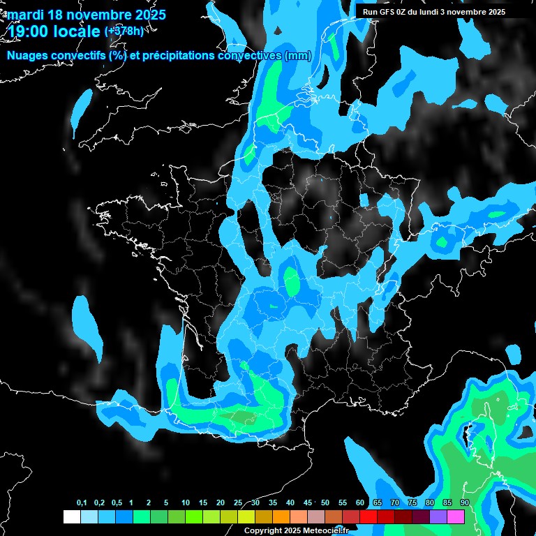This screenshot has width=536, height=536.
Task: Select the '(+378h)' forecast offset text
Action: pyautogui.click(x=124, y=31)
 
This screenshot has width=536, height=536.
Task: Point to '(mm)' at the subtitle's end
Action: pyautogui.click(x=298, y=57)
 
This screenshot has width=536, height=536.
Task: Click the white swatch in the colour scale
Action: pyautogui.click(x=71, y=516)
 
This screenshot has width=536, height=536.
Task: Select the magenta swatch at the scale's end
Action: pyautogui.click(x=456, y=516)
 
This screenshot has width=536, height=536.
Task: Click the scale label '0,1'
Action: pyautogui.click(x=81, y=503)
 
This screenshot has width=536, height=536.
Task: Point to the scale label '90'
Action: pyautogui.click(x=464, y=503)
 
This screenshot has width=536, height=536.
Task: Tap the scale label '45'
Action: pyautogui.click(x=308, y=503)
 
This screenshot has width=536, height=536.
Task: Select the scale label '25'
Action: pyautogui.click(x=238, y=503)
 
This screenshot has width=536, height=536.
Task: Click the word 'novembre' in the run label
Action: pyautogui.click(x=461, y=12)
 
